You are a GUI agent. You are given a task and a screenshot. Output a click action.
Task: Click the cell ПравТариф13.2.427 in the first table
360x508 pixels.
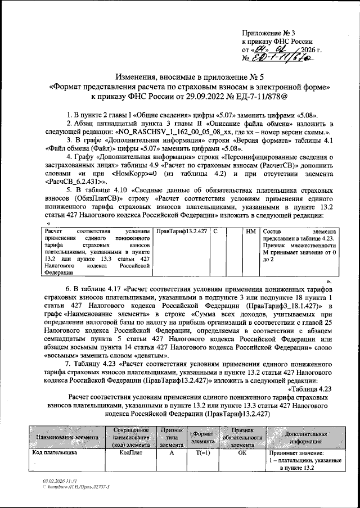pyautogui.click(x=182, y=232)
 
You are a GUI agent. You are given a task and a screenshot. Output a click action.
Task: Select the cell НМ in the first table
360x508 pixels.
pyautogui.click(x=251, y=232)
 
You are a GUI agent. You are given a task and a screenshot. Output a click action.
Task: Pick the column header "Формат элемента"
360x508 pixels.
pyautogui.click(x=199, y=437)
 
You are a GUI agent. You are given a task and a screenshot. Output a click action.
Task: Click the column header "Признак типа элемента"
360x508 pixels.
pyautogui.click(x=168, y=437)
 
